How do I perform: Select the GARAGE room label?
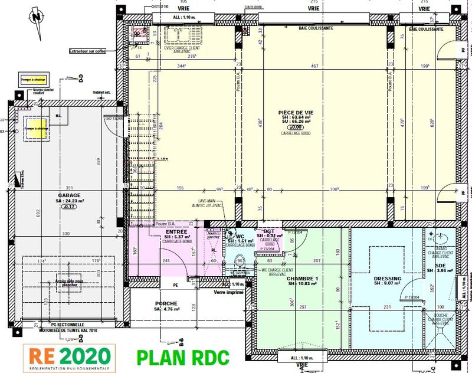pos(68,194)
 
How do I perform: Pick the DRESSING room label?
pos(388,279)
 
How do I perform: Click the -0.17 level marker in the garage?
pos(69,207)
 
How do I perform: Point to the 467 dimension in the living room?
pos(314,67)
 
